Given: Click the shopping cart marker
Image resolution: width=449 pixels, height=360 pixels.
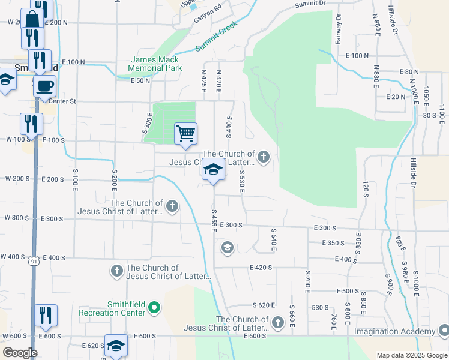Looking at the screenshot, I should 186,133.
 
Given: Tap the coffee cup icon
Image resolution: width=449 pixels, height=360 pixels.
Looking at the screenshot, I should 45,86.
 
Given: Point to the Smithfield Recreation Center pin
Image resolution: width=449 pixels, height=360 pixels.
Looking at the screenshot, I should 155,308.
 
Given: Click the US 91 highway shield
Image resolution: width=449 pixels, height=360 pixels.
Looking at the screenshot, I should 34,261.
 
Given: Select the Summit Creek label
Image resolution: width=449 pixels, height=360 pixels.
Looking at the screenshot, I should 217,37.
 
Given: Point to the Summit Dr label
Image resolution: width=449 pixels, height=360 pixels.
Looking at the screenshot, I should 310,4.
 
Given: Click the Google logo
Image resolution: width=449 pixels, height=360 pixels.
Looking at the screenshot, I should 20,353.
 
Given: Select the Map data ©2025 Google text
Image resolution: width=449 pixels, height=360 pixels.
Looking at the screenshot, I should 412,355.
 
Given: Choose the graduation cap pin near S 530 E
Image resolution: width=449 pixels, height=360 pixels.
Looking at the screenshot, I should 213,169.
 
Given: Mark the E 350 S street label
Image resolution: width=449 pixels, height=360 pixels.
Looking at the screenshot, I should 333,243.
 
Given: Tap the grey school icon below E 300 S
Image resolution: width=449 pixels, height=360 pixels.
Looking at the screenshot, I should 227,247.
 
